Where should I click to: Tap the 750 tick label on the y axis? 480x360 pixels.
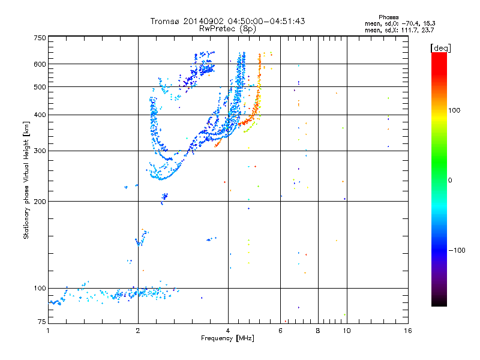[40, 38]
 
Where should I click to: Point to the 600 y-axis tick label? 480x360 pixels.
[40, 64]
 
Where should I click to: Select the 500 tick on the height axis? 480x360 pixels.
[40, 87]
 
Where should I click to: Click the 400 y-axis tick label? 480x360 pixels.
[40, 115]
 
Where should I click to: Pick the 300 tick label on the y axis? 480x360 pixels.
[40, 151]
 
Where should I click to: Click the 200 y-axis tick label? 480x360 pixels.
[40, 201]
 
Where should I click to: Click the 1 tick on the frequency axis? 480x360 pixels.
[48, 331]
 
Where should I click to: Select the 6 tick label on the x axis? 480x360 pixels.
[280, 331]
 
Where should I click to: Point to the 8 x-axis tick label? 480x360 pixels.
[318, 331]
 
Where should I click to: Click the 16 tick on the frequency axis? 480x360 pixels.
[407, 331]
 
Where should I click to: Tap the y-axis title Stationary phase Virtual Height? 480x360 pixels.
[26, 181]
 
